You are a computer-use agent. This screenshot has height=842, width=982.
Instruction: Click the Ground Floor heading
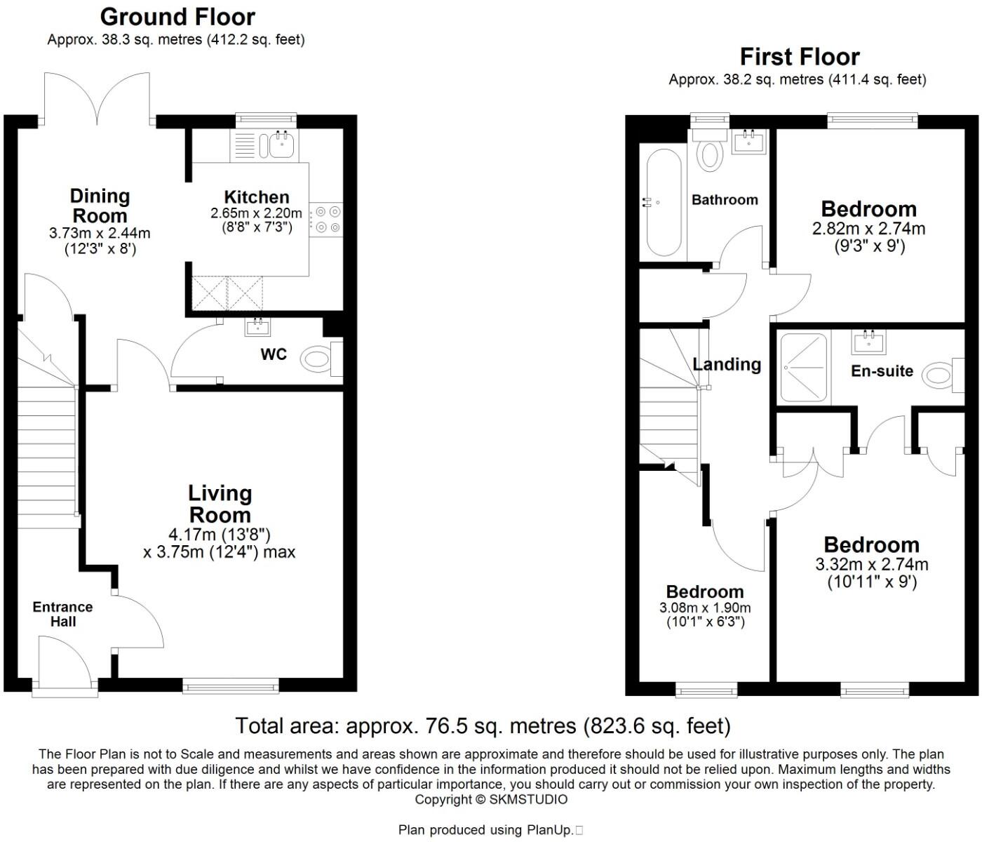point(177,16)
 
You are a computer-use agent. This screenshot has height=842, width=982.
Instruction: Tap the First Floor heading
point(800,56)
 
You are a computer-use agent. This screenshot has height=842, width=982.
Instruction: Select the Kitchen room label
point(256,197)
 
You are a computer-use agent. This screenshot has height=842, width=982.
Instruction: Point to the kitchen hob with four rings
point(327,218)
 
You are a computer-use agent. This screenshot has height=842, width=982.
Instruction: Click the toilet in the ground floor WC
point(317,361)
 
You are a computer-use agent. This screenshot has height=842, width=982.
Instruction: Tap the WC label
point(274,354)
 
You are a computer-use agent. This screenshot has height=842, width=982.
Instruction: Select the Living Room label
point(220,504)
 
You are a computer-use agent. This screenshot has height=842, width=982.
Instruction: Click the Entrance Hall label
point(62,614)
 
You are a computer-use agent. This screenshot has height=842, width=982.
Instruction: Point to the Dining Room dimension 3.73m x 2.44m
point(100,234)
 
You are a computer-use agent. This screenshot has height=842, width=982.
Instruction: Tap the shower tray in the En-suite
point(804,367)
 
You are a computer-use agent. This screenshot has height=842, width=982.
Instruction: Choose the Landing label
point(727,364)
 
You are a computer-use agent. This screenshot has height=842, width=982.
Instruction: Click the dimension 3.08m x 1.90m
point(705,608)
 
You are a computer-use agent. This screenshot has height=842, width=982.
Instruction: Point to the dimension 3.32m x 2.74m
point(872,564)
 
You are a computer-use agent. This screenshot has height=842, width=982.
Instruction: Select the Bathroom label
point(725,200)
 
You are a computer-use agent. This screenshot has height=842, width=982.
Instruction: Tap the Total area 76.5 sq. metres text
point(483,726)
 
